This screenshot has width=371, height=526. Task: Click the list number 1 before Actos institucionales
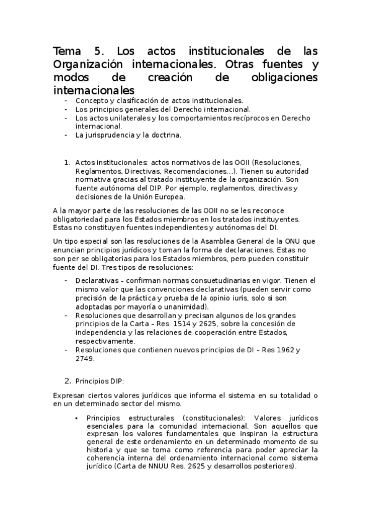tap(66, 162)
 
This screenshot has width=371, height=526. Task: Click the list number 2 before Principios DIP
tap(67, 380)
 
